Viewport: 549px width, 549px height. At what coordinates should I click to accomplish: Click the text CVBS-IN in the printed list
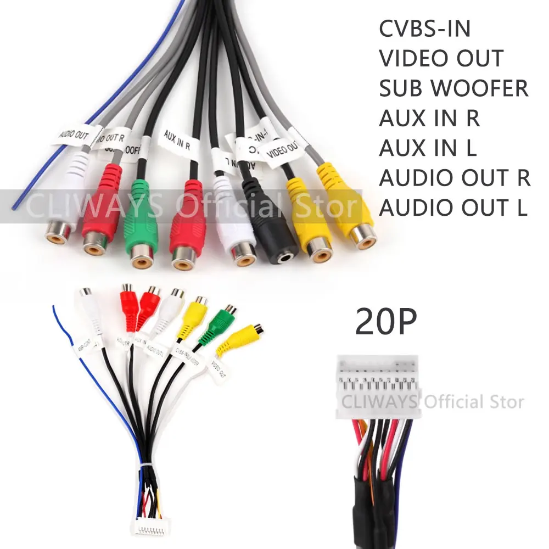(x=424, y=29)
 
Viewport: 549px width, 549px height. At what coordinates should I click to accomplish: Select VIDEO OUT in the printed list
(x=441, y=59)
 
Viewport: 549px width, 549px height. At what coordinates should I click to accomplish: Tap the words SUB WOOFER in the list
(x=453, y=88)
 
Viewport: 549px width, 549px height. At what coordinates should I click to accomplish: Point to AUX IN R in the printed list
(x=429, y=118)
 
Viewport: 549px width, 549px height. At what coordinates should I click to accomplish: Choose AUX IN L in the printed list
(x=428, y=148)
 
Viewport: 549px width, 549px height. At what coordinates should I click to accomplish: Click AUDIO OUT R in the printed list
(x=455, y=178)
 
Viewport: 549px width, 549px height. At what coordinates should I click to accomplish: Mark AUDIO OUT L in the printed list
(x=453, y=208)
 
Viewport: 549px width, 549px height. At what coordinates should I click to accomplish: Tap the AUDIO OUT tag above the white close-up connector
(x=75, y=135)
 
